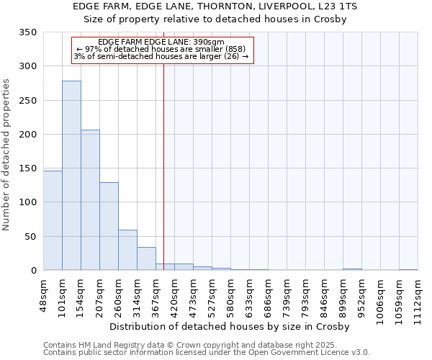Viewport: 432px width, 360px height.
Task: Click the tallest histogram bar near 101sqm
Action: [71, 176]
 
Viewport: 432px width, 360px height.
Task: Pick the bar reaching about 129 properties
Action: [109, 226]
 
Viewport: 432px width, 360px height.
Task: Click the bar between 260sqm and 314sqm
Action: [127, 250]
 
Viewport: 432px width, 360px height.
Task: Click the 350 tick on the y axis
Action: [30, 32]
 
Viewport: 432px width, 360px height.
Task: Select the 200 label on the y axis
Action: [30, 135]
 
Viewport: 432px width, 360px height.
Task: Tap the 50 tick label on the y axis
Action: [32, 237]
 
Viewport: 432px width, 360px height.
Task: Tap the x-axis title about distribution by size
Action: [230, 327]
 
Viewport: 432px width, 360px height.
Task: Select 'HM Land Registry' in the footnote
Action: [104, 345]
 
